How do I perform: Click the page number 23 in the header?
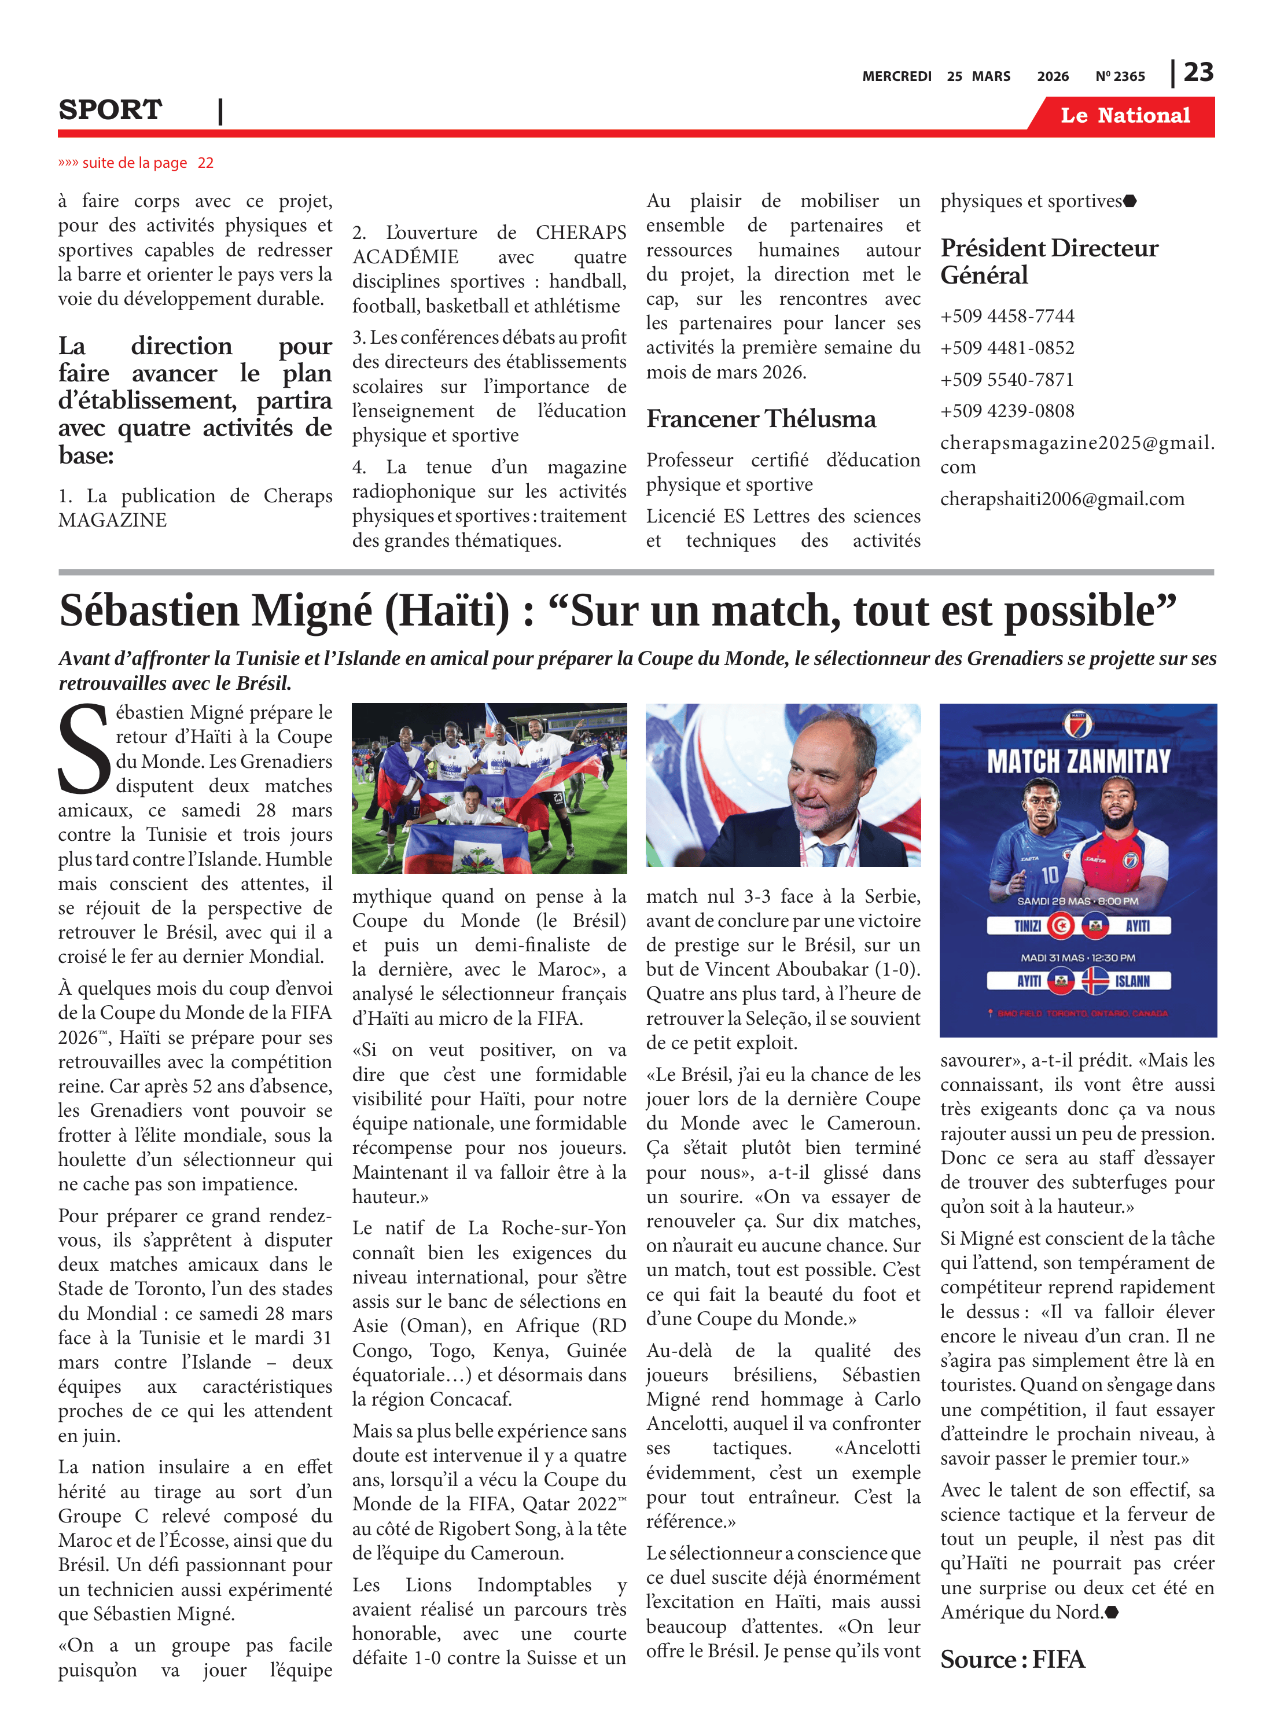1198,72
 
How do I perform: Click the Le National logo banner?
1125,116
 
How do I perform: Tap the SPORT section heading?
110,110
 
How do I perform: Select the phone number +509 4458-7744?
1007,316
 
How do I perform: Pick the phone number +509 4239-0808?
1007,411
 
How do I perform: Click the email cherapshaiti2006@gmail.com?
1062,499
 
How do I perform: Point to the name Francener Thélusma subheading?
760,419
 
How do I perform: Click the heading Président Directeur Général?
1048,261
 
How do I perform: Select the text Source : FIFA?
1012,1659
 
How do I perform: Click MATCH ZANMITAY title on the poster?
1078,762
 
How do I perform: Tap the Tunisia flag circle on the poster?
1061,925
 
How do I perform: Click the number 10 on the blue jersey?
1050,874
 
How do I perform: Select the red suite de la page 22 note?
135,163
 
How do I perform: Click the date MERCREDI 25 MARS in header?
936,76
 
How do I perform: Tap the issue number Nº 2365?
1120,76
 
